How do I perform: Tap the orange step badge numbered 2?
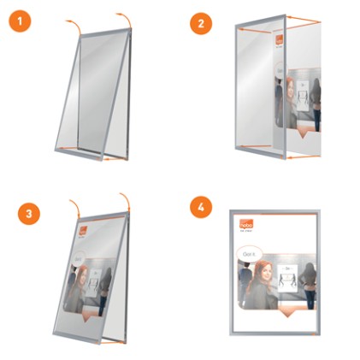(x=202, y=23)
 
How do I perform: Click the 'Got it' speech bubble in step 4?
(x=249, y=254)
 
